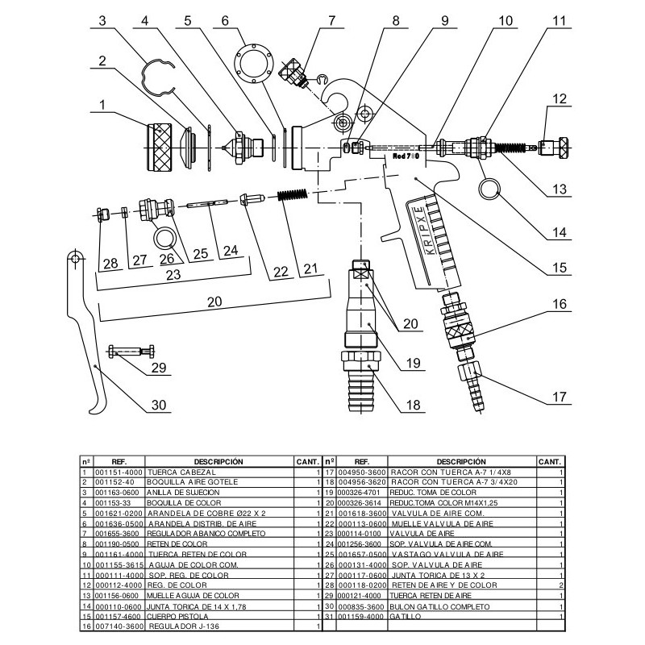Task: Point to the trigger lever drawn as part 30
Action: (88, 339)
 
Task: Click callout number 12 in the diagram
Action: (560, 98)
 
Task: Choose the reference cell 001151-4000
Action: (117, 472)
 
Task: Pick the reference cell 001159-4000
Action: (359, 616)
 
